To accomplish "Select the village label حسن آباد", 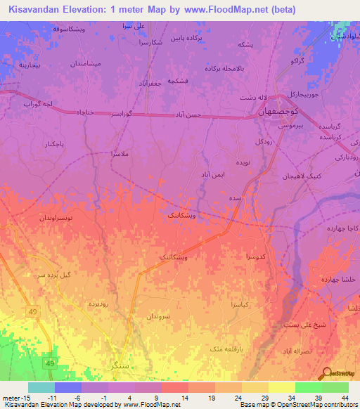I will point(188,114).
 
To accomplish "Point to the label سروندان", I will point(158,317).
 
